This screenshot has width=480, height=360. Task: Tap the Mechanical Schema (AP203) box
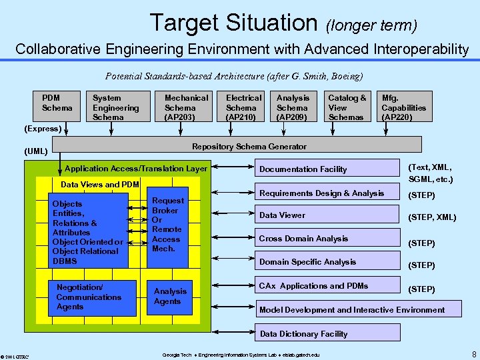click(186, 107)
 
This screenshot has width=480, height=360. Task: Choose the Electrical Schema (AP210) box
click(243, 107)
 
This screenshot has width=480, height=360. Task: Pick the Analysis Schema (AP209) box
click(293, 107)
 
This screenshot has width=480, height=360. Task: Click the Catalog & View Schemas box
click(347, 107)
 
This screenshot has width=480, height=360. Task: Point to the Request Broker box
click(167, 224)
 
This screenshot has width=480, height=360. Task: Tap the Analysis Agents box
click(171, 296)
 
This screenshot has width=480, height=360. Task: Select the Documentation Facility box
click(327, 169)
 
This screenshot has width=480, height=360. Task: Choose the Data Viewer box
click(327, 215)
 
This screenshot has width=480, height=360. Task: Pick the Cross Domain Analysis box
click(327, 239)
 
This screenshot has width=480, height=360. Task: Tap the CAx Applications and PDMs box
click(327, 286)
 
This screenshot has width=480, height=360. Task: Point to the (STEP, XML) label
click(432, 217)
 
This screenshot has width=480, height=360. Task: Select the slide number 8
click(473, 353)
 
